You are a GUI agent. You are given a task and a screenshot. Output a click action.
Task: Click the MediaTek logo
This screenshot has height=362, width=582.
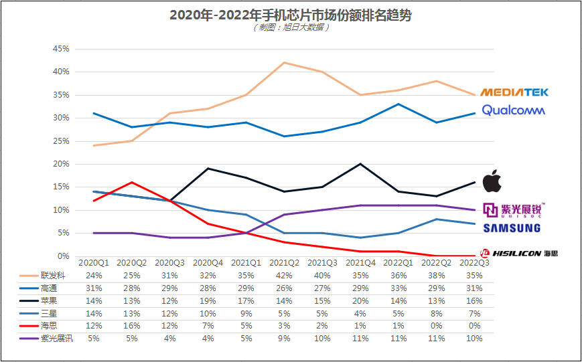point(512,92)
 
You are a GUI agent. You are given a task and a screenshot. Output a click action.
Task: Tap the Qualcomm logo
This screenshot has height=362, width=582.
point(513,110)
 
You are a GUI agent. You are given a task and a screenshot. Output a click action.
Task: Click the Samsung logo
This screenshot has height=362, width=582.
point(512,228)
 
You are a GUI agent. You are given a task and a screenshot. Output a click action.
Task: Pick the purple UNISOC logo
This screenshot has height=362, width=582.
point(514,210)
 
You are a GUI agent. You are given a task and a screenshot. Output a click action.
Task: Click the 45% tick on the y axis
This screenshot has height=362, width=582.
point(61,49)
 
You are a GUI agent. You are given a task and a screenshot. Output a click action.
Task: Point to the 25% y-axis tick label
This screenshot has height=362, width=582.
point(61,141)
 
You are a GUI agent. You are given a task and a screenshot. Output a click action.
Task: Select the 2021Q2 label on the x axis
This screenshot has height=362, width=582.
point(285,263)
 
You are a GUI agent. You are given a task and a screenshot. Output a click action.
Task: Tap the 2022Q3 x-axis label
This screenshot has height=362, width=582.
point(475,263)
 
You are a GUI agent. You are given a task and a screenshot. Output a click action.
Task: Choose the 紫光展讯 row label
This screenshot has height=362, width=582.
point(56,339)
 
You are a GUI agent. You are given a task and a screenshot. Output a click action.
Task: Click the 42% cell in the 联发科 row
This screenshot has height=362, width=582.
point(285,275)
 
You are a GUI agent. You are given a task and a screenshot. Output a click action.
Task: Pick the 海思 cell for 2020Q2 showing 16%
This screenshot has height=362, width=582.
point(132,326)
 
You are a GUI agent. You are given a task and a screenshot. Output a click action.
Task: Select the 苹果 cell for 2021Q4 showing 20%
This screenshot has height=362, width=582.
point(361,300)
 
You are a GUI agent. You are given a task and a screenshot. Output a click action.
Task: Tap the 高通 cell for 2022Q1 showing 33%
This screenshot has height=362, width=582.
point(399,288)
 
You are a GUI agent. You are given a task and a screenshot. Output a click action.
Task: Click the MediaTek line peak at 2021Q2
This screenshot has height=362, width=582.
point(285,62)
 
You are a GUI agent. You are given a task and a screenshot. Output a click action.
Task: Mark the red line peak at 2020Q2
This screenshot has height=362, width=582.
point(132,182)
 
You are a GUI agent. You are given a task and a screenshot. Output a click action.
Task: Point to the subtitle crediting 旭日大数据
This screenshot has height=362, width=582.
point(290,28)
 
